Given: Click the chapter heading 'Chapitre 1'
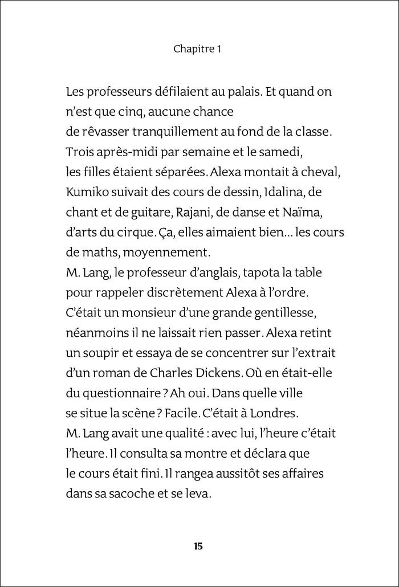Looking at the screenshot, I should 197,50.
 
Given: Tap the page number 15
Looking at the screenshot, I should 198,547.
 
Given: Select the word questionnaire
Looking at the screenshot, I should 120,394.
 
